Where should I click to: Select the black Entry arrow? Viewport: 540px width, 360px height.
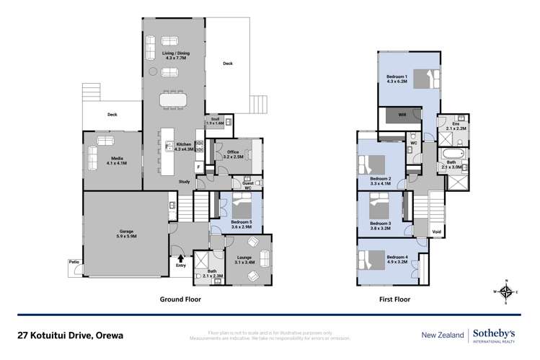178,255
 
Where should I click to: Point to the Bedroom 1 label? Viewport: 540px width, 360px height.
397,79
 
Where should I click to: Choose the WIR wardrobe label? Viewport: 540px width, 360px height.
402,115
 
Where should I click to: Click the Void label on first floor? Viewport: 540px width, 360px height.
435,232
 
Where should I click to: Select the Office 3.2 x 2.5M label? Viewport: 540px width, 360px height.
233,154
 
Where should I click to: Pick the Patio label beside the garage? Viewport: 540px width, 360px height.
74,261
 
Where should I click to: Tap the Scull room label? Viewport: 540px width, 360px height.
215,123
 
